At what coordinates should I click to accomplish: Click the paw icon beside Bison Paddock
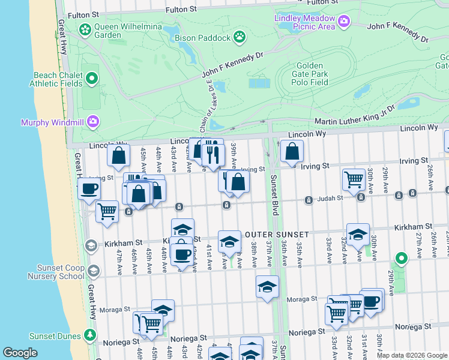[x=240, y=38]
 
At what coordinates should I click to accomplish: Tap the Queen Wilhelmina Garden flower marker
[x=85, y=29]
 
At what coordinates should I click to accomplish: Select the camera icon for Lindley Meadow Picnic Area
[x=343, y=22]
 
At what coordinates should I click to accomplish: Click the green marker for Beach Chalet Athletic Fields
[x=92, y=78]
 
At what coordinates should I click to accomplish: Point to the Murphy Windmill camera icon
[x=92, y=122]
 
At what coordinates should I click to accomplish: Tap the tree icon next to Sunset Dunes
[x=91, y=334]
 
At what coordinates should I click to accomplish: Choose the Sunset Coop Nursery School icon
[x=92, y=271]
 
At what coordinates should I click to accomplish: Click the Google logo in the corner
[x=20, y=353]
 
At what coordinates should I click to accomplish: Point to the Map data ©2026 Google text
[x=412, y=355]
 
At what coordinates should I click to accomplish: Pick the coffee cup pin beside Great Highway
[x=89, y=189]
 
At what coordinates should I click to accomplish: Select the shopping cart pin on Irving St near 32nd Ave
[x=354, y=179]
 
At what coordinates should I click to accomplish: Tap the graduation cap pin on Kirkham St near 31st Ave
[x=358, y=235]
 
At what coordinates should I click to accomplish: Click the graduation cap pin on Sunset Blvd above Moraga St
[x=267, y=287]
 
